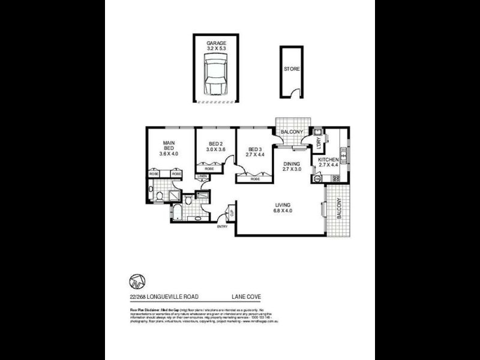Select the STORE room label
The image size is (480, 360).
(x=292, y=69)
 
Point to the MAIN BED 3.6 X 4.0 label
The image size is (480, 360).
(x=169, y=148)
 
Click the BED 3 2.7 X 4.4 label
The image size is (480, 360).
(x=255, y=152)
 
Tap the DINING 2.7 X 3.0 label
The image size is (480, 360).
(x=293, y=166)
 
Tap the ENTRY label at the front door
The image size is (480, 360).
(x=222, y=226)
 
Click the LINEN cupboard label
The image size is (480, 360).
(x=202, y=176)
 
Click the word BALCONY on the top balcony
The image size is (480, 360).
(x=292, y=132)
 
